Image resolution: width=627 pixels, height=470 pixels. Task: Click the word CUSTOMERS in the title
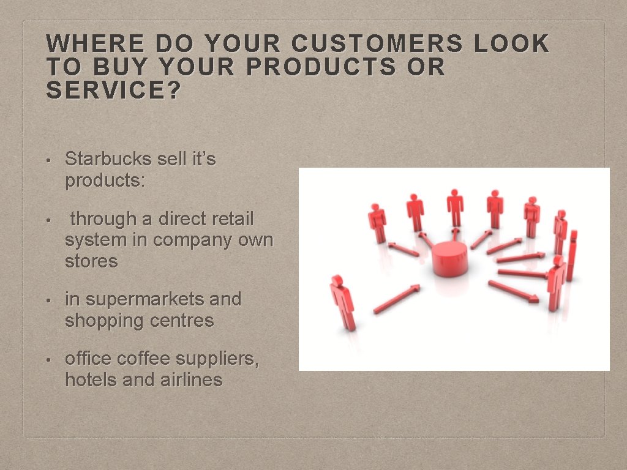[x=377, y=44]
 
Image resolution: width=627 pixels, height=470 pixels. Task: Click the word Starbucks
[x=108, y=159]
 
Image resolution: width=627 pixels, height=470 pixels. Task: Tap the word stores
[x=91, y=261]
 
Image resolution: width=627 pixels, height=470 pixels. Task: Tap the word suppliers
[x=223, y=359]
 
